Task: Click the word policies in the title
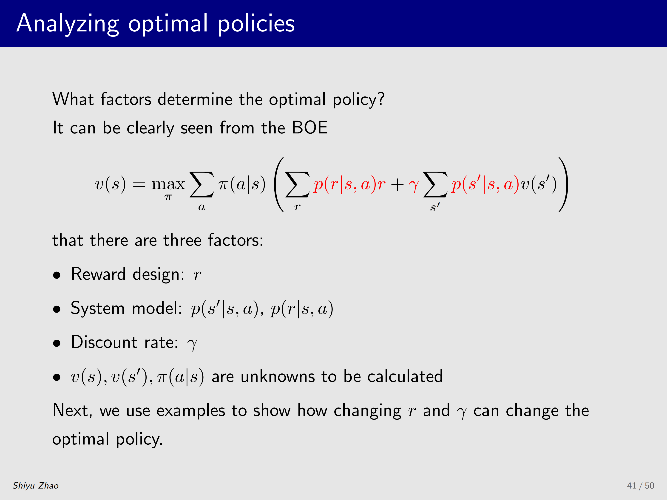click(x=256, y=23)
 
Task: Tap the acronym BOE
click(x=310, y=127)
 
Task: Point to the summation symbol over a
click(x=202, y=184)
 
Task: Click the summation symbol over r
click(x=297, y=184)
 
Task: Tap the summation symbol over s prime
click(x=435, y=184)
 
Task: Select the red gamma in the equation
click(x=414, y=185)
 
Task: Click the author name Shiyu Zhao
click(x=36, y=486)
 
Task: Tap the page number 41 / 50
click(x=641, y=486)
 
